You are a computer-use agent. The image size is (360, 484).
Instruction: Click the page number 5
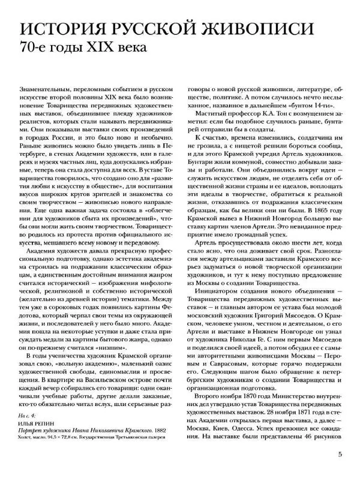(x=340, y=454)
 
